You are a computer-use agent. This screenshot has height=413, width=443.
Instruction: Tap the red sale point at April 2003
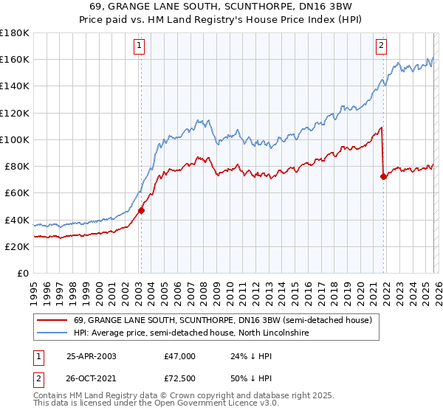pos(141,210)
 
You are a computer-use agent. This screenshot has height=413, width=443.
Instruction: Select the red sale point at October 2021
pos(383,176)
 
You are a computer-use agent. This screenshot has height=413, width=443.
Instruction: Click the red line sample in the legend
pos(52,321)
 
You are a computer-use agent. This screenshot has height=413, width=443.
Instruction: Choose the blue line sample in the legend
pos(52,333)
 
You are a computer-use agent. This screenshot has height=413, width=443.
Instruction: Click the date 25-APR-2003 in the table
pos(91,356)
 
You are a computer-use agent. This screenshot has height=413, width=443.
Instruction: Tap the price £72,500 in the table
pos(180,377)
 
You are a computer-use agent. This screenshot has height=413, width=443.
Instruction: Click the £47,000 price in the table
pos(180,356)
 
